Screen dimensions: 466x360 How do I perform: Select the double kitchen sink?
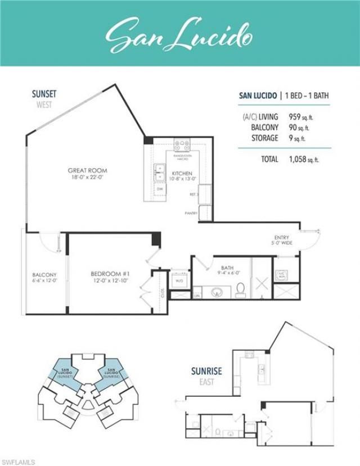(x=159, y=173)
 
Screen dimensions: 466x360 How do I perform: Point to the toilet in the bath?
(x=241, y=289)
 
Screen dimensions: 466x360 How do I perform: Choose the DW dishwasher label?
(x=160, y=190)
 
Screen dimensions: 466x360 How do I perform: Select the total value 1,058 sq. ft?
(x=304, y=159)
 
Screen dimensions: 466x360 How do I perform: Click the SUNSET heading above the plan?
(x=43, y=94)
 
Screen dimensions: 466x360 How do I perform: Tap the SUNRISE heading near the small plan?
(x=206, y=372)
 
